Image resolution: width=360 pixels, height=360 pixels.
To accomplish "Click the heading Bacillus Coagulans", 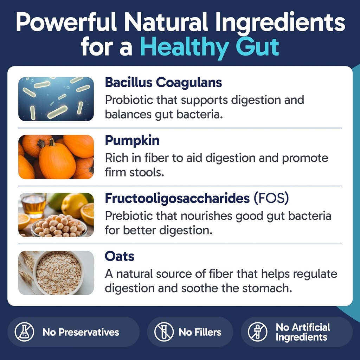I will tap(163, 83).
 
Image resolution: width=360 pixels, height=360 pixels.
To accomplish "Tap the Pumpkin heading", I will tap(132, 140).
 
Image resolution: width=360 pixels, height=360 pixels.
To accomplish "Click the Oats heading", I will tap(120, 256).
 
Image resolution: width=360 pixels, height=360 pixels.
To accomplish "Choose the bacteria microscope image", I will tap(56, 99).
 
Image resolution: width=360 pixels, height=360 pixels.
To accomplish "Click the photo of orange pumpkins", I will tap(56, 157).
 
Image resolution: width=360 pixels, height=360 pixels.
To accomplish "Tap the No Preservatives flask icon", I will tap(25, 332).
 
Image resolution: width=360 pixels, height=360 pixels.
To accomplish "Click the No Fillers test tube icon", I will tap(164, 332).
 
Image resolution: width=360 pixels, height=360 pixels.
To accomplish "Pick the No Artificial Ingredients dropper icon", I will tap(258, 332).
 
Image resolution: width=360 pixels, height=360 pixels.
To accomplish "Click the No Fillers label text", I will tap(200, 332).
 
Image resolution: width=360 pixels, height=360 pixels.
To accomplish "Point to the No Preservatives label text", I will tap(81, 332).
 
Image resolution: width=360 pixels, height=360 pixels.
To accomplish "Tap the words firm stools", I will tap(135, 173).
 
